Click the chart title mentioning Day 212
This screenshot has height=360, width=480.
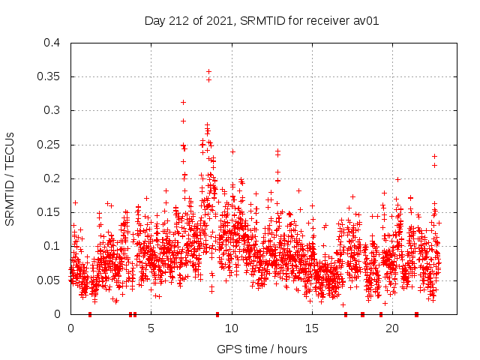[262, 20]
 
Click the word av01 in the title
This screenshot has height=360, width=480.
[366, 20]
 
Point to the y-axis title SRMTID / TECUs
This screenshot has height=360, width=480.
[10, 178]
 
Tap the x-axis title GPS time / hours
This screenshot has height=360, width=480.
[262, 349]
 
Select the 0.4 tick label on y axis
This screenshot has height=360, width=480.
[52, 43]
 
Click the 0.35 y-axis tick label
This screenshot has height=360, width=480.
[50, 76]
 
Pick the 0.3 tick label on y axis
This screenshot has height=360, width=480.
[52, 110]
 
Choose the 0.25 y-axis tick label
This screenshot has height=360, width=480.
[50, 145]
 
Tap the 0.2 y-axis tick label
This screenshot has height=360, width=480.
[52, 178]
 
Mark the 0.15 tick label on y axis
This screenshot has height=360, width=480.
[50, 212]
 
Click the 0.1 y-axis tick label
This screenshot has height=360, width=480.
[52, 246]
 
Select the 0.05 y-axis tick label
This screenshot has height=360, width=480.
[50, 280]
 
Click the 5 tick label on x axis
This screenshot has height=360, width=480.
[151, 328]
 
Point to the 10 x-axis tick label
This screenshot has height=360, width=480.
[232, 328]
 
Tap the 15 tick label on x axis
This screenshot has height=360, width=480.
[312, 328]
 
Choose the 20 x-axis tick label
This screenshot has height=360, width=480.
[392, 328]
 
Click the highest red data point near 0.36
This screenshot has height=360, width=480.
[208, 71]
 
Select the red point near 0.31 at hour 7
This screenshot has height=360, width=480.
[183, 102]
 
